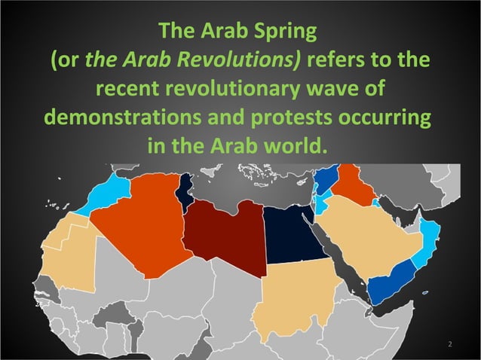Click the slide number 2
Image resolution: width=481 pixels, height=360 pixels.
pyautogui.click(x=449, y=344)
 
